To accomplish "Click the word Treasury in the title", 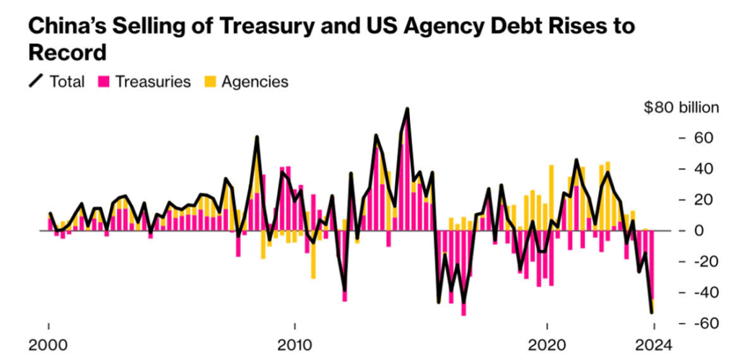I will click(x=245, y=27).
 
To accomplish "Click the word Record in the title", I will click(x=67, y=53).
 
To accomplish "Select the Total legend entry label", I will click(x=67, y=82).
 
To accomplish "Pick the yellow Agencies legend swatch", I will click(x=210, y=82).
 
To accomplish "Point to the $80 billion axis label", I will click(x=681, y=108).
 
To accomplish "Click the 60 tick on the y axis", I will click(x=704, y=138).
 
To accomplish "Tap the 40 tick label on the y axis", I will click(x=704, y=169).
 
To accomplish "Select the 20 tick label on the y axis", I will click(x=704, y=200).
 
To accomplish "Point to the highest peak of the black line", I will click(x=408, y=109).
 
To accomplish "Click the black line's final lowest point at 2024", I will click(x=652, y=312).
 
